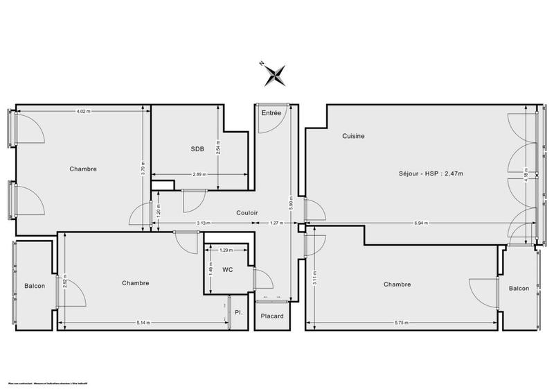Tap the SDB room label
coord(199,149)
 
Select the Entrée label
coord(271,112)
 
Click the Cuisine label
coord(353,136)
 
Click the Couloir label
coord(247,213)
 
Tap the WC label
coord(226,269)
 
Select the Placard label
coord(271,316)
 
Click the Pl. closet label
coord(239,313)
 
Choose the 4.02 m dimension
coord(83,110)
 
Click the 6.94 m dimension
coord(421,223)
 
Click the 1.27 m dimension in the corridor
coord(275,223)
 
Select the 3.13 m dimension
coord(204,223)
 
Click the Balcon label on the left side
coord(35,285)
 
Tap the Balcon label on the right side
coord(519,289)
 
